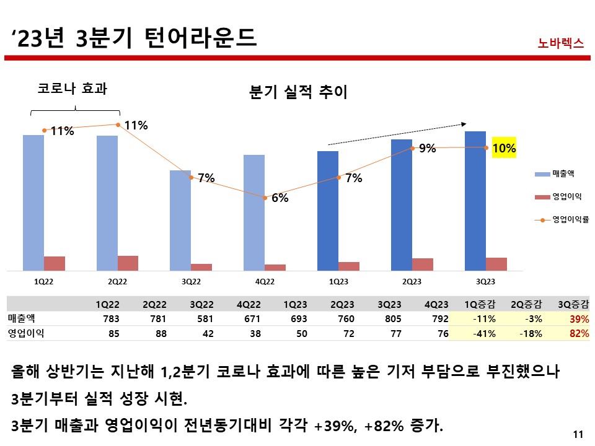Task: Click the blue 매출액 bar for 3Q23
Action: click(475, 201)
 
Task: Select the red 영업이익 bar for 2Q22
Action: click(128, 263)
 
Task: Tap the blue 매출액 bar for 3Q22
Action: click(180, 220)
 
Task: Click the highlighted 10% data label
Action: click(504, 149)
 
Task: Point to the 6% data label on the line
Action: click(280, 199)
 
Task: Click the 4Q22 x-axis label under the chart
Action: click(265, 281)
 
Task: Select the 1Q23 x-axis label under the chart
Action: click(338, 281)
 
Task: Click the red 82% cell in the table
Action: click(578, 333)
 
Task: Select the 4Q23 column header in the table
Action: click(436, 304)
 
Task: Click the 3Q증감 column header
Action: click(573, 304)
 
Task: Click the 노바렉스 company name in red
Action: click(561, 43)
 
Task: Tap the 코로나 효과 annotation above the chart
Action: click(73, 89)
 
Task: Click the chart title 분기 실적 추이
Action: click(298, 93)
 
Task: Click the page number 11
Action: click(579, 434)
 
